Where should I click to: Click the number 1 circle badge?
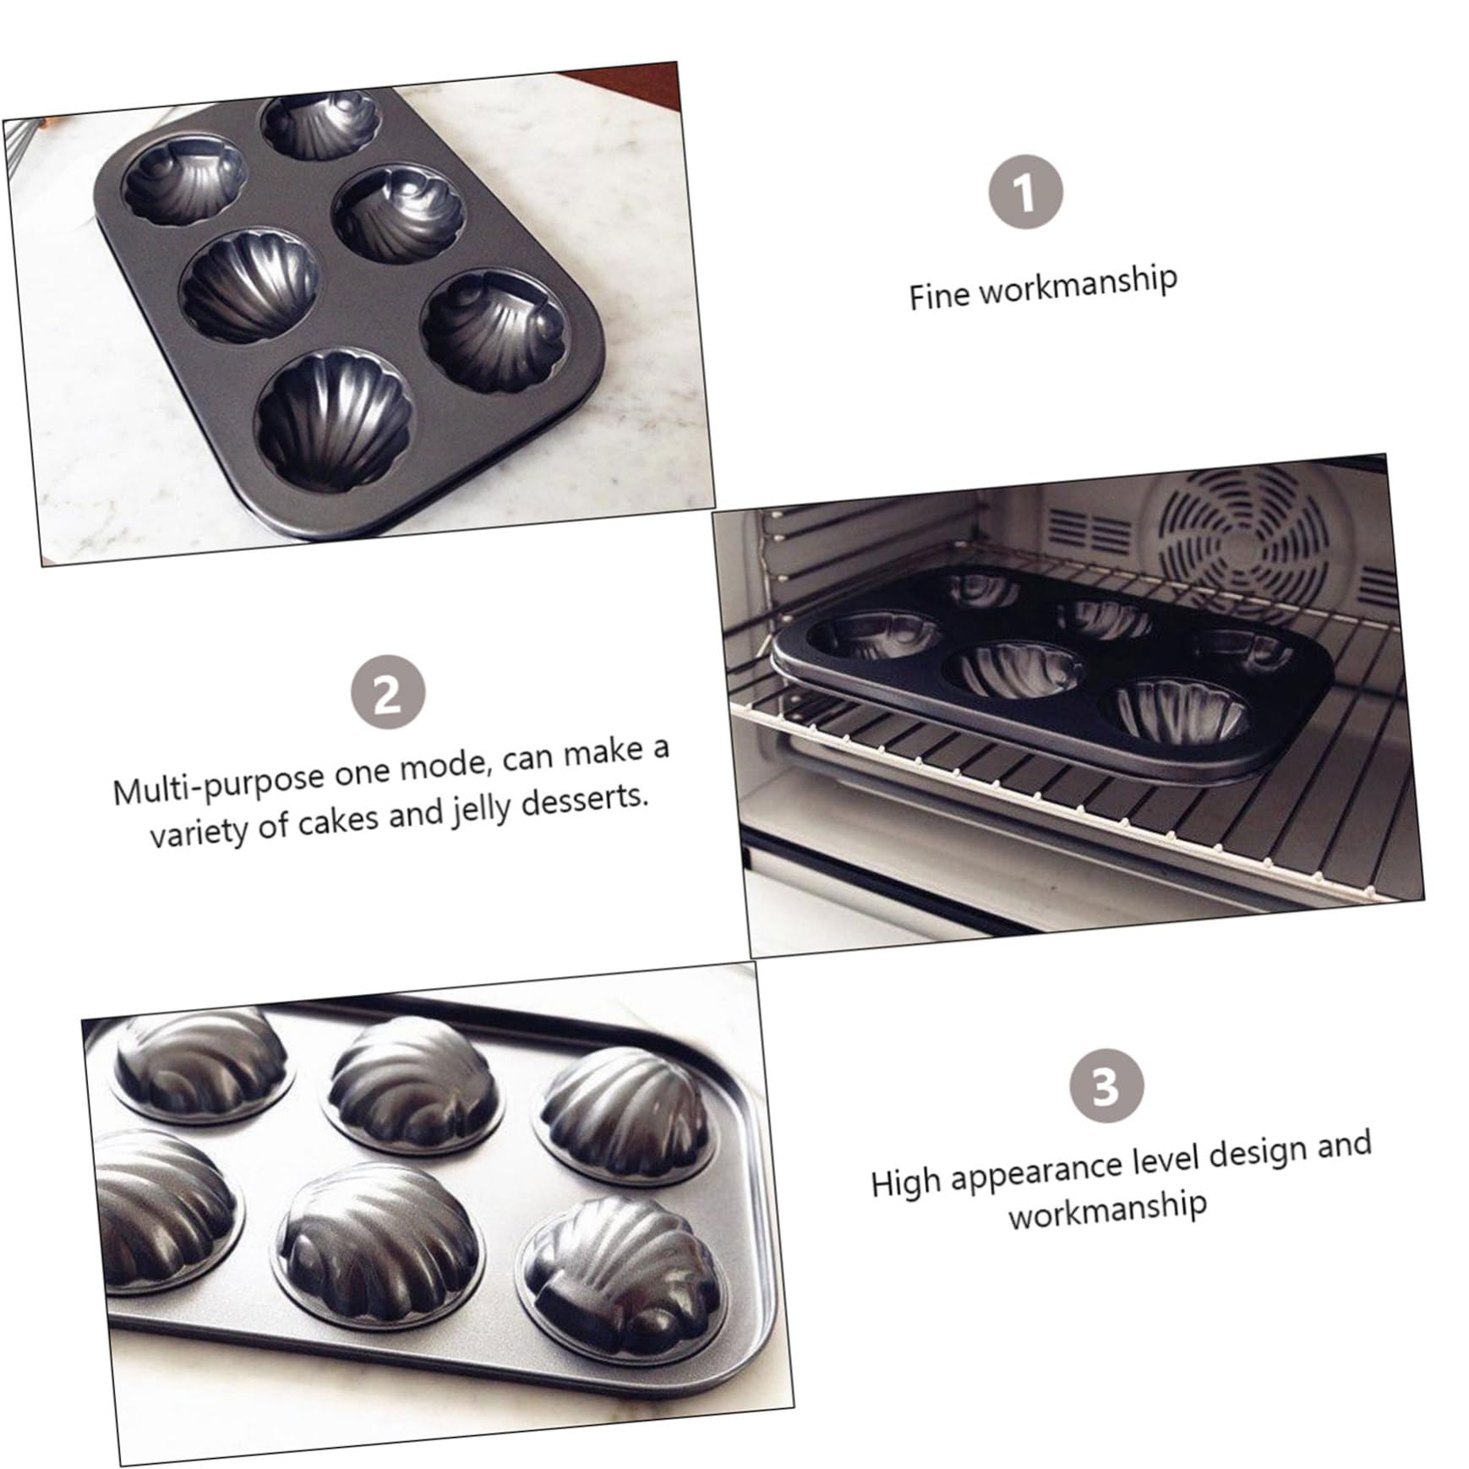(1026, 193)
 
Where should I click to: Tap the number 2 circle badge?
(388, 695)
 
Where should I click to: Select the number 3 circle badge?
(1106, 1087)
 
